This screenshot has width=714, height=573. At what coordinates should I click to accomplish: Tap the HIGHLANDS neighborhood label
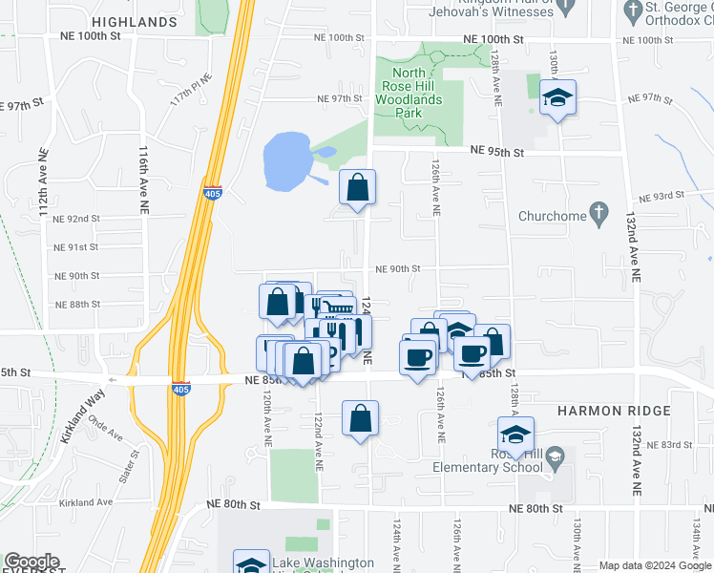[x=135, y=21]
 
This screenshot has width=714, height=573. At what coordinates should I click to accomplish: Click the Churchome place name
[x=551, y=216]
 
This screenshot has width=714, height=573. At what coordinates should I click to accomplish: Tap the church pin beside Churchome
[x=598, y=213]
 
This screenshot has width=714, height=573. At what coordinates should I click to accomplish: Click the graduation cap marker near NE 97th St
[x=556, y=97]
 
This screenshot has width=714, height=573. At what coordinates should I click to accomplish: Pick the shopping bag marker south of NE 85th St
[x=360, y=418]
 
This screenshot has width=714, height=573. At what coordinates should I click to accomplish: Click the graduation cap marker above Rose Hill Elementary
[x=514, y=434]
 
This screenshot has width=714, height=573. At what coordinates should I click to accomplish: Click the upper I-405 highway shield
[x=213, y=193]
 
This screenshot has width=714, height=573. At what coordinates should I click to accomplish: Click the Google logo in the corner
[x=31, y=562]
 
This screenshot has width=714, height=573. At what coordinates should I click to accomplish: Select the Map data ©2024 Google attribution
[x=655, y=565]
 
